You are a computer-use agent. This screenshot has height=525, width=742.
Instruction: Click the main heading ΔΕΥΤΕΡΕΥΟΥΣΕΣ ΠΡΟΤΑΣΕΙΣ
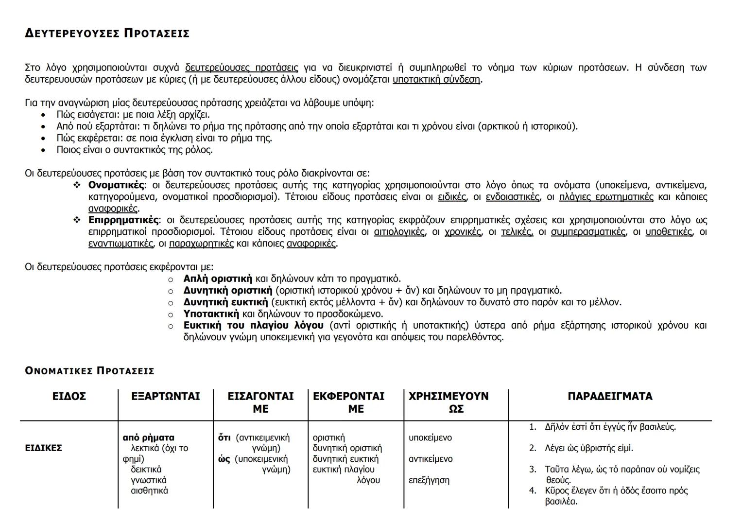(x=107, y=33)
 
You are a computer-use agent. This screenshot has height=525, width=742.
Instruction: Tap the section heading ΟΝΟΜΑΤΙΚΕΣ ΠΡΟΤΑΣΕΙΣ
(x=89, y=371)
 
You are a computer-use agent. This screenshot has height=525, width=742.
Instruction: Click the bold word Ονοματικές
(x=117, y=185)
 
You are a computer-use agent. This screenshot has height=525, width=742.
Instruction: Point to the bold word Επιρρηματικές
(x=123, y=220)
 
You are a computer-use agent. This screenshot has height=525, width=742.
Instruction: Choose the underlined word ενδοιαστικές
(x=512, y=197)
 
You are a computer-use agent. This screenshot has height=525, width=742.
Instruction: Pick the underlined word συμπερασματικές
(x=588, y=232)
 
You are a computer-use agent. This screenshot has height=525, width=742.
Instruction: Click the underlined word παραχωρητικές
(x=201, y=244)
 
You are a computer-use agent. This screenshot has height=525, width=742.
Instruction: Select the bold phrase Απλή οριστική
(x=218, y=279)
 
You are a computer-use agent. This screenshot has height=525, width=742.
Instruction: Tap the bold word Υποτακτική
(x=211, y=314)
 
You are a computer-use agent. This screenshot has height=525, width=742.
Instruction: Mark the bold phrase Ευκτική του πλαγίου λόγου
(x=253, y=325)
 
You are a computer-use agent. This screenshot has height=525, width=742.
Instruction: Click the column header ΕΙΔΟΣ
(x=69, y=397)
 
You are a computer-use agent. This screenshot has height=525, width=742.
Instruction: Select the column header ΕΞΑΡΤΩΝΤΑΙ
(x=165, y=397)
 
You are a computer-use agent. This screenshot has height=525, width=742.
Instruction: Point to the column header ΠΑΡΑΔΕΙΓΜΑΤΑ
(x=610, y=397)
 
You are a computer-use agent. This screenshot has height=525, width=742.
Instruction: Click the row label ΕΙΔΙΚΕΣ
(x=43, y=448)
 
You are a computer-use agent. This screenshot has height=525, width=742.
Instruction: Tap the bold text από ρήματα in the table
(x=148, y=437)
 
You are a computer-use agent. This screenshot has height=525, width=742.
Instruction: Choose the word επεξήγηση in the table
(x=429, y=480)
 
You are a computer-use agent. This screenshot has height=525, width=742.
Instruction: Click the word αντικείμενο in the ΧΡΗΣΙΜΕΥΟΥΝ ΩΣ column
(x=431, y=459)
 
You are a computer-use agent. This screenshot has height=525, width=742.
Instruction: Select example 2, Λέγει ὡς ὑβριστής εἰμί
(x=589, y=448)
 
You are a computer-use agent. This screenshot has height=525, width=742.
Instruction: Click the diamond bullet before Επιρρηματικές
(x=77, y=220)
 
